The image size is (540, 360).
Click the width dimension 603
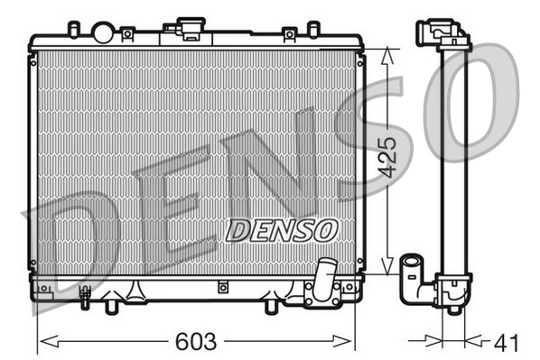coord(195,343)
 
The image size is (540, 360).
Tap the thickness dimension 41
coord(507,343)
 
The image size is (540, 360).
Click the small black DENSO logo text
coord(281,230)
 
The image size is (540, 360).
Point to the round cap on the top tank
coord(103,33)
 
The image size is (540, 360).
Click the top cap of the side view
coord(442,33)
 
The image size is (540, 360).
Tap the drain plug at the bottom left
coord(86,294)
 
